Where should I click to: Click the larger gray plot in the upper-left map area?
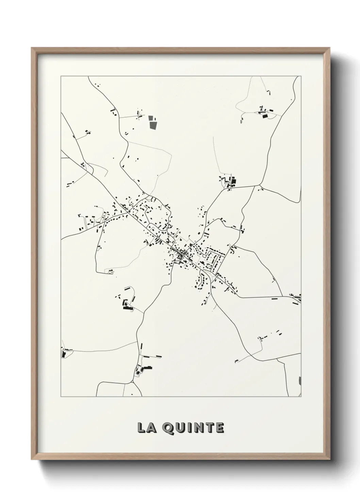point(153,125)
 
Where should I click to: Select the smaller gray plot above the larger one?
point(151,118)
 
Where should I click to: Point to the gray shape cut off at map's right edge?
point(300,381)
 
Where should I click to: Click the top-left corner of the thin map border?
point(61,76)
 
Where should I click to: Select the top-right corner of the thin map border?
point(301,76)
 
